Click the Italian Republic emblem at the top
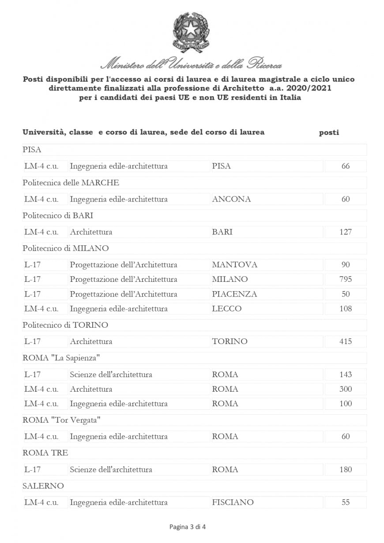tap(191, 32)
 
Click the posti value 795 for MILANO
tap(346, 279)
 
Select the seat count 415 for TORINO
tap(346, 341)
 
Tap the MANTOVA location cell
tap(234, 265)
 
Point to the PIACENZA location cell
tap(234, 294)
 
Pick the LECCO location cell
tap(226, 309)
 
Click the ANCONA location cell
tap(231, 199)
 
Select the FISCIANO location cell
tap(233, 502)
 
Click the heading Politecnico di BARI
tap(58, 215)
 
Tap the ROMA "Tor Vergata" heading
tap(61, 420)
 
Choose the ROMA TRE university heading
tap(45, 453)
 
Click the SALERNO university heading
tap(43, 486)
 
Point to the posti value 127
tap(346, 232)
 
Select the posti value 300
tap(346, 389)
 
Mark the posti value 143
tap(346, 374)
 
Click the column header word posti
tap(329, 132)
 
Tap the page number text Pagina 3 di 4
tap(188, 527)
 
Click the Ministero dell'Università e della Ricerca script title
tap(191, 64)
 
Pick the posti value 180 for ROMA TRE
tap(346, 469)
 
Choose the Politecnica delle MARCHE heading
tap(71, 183)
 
